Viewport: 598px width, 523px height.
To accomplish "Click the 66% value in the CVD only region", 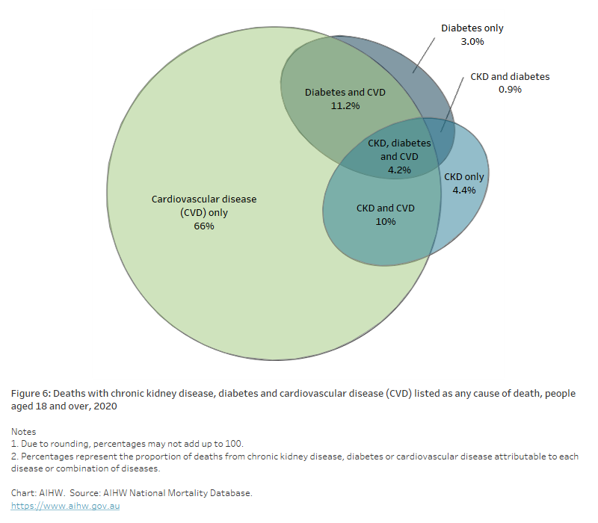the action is tap(203, 226).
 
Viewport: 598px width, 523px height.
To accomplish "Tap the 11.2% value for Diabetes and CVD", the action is tap(345, 106).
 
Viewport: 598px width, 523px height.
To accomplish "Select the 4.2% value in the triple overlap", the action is tap(399, 170).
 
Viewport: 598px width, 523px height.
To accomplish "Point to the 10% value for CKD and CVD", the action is tap(386, 221).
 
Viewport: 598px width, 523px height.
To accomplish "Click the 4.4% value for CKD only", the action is tap(464, 191).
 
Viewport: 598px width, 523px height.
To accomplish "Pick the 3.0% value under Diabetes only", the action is tap(472, 42).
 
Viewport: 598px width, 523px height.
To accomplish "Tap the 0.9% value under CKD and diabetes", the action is tap(510, 90).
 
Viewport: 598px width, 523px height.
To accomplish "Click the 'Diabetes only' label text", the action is tap(472, 28).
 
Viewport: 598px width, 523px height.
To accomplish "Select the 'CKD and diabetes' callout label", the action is tap(510, 76).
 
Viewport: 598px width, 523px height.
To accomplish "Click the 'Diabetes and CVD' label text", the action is tap(345, 93).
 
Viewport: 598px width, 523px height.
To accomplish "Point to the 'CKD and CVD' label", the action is tap(386, 208).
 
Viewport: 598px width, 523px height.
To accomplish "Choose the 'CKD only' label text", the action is tap(464, 177).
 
